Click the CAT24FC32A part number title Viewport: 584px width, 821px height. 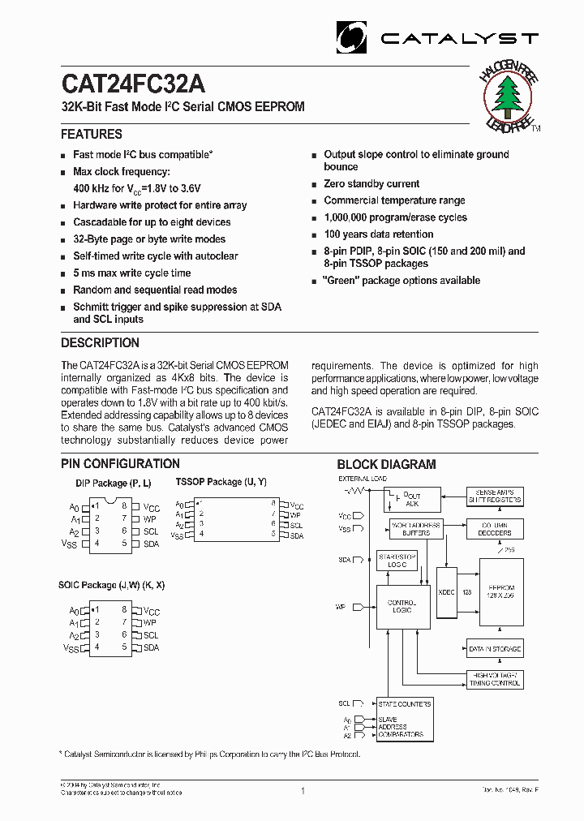(133, 85)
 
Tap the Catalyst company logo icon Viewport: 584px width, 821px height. (353, 37)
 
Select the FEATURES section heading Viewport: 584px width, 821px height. (92, 135)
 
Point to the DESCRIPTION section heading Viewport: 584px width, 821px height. (100, 343)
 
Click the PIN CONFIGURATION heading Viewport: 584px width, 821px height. (120, 464)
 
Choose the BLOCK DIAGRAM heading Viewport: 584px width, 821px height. (386, 465)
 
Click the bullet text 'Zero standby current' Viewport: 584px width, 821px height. (371, 184)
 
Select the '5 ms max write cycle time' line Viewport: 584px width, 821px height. (131, 273)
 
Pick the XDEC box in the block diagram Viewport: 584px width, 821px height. (446, 592)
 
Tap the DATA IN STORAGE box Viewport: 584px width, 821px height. (495, 648)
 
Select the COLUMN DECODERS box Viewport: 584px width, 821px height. (495, 529)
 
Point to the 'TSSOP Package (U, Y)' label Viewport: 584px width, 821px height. (221, 482)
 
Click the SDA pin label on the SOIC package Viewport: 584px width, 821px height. (151, 647)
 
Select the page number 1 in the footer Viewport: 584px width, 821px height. (302, 791)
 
